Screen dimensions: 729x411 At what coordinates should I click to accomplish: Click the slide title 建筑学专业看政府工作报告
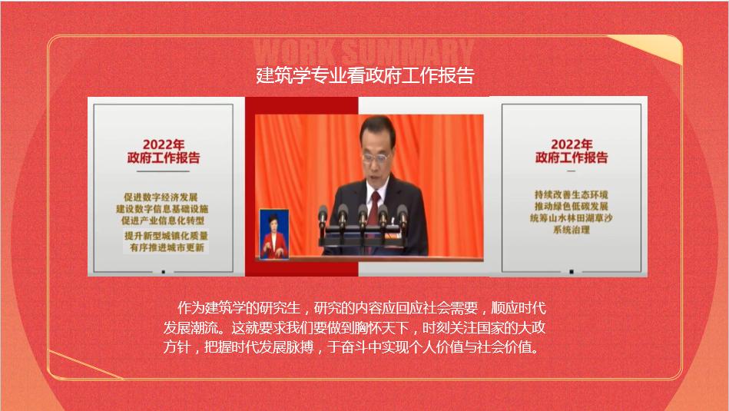(365, 75)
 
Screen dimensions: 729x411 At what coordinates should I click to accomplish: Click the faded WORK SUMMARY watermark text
(364, 51)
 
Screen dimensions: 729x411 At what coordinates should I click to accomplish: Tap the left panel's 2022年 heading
(163, 144)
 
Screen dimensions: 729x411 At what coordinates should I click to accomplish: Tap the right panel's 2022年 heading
(572, 144)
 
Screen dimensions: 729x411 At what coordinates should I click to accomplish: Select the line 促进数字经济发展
(161, 197)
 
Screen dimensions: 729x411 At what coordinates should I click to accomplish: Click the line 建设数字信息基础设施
(162, 209)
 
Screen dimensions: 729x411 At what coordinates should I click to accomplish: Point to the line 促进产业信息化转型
(163, 220)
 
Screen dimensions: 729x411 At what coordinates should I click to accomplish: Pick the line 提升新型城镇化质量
(166, 236)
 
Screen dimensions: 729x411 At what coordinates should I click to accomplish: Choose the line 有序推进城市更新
(167, 247)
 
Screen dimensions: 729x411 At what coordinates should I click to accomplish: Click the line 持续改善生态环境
(572, 194)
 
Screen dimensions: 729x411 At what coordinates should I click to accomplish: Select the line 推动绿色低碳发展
(572, 206)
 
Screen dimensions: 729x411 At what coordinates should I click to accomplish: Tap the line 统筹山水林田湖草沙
(572, 217)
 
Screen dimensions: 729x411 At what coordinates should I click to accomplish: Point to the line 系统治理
(572, 229)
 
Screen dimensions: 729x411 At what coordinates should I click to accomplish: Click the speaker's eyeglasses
(375, 158)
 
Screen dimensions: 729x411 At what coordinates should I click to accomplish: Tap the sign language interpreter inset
(273, 234)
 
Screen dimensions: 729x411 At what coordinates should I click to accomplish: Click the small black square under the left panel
(163, 271)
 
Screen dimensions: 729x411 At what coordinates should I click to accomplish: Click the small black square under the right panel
(572, 271)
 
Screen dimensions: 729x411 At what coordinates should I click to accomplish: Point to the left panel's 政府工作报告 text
(163, 158)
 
